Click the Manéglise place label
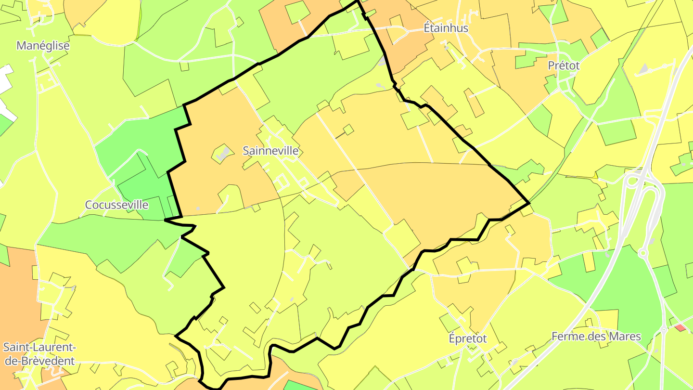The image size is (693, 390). point(43,46)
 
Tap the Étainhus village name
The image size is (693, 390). point(446,28)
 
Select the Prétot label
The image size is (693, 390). point(564,65)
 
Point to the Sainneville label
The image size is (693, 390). point(270,151)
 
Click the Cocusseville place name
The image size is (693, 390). point(116,205)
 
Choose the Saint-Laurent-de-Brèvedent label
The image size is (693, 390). point(39,354)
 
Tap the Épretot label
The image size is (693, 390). point(467,338)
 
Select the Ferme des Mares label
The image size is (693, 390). point(596,336)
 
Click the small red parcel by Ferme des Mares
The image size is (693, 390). point(680,328)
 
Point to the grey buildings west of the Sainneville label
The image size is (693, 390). point(222,154)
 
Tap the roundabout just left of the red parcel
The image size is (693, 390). point(664,330)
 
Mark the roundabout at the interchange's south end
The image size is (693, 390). point(643,252)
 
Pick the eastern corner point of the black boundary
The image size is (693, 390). point(529,203)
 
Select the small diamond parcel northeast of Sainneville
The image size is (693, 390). point(348,130)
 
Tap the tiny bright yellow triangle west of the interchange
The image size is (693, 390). point(595,176)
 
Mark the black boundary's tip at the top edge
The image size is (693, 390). point(357,1)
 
